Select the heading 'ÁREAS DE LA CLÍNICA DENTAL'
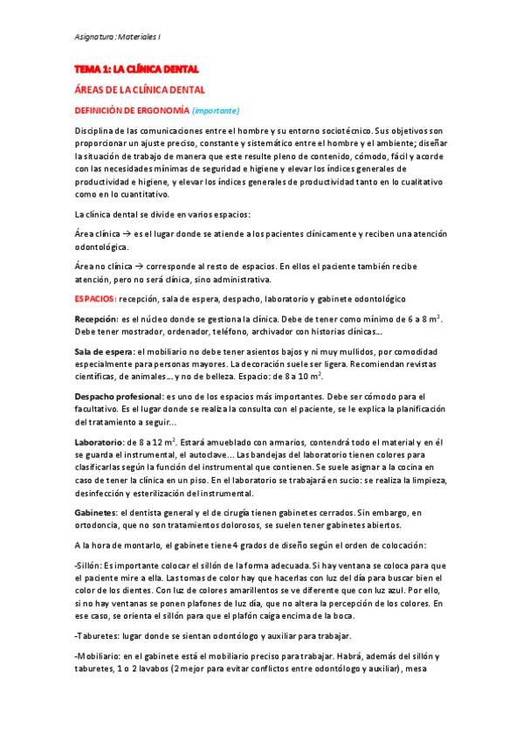tap(139, 89)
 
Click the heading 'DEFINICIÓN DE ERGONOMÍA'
tap(131, 110)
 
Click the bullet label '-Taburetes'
tap(95, 634)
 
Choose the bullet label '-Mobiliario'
tap(97, 655)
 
